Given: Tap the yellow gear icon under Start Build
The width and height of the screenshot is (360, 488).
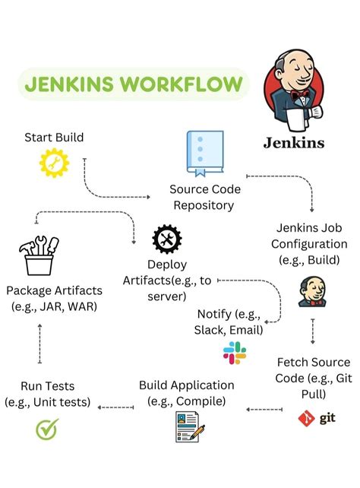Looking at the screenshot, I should click(53, 163).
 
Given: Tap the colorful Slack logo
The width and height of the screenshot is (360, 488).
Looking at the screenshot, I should click(235, 352).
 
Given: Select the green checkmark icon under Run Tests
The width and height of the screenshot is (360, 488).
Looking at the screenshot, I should click(47, 429).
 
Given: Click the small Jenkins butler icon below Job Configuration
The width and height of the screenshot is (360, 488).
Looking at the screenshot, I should click(311, 292).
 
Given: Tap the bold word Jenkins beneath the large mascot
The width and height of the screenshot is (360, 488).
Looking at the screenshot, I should click(293, 142).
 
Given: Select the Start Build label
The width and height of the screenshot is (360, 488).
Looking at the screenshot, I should click(54, 138).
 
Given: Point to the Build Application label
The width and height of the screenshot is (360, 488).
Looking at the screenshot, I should click(187, 392).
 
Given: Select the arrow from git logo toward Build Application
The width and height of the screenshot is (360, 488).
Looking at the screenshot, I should click(265, 410).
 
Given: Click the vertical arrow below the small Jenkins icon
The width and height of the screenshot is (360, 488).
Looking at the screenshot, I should click(312, 332).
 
